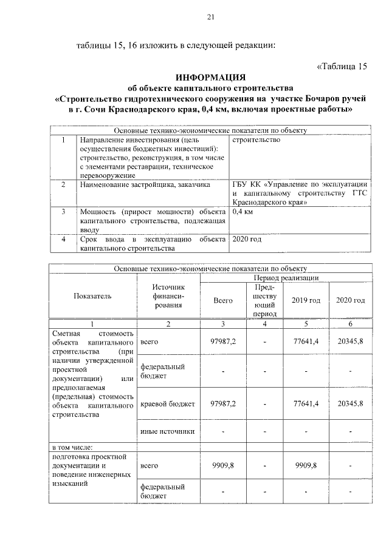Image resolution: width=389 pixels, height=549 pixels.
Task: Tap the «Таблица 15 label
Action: click(x=343, y=66)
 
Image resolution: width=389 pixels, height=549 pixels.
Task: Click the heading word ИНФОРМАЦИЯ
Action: click(x=210, y=78)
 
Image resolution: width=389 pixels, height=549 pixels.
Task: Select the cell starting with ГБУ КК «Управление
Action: click(x=300, y=192)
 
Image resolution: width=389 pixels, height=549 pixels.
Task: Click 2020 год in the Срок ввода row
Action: click(x=247, y=240)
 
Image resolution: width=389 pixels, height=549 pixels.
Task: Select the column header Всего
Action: click(x=224, y=300)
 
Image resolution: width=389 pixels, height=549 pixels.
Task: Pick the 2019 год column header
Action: click(x=306, y=300)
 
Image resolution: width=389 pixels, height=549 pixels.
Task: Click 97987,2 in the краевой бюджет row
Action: click(x=224, y=403)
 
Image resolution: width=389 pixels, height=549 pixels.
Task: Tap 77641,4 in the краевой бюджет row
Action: click(x=306, y=403)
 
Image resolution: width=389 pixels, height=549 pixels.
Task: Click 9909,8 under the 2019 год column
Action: click(x=306, y=465)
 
